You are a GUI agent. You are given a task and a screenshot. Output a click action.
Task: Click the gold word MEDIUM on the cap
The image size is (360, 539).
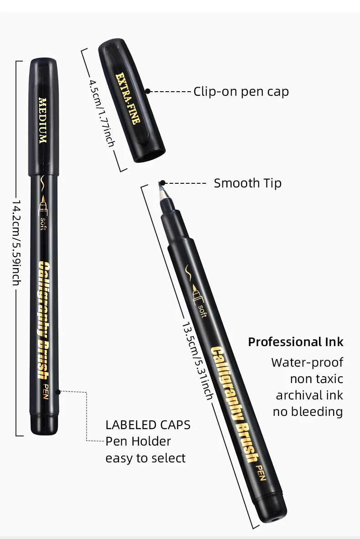click(x=43, y=120)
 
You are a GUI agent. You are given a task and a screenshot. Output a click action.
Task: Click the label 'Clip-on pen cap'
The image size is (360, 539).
click(x=241, y=92)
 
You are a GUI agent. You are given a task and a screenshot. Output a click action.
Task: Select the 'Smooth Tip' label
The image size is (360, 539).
click(x=247, y=183)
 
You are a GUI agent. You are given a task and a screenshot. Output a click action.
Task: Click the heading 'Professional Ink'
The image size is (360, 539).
click(x=296, y=342)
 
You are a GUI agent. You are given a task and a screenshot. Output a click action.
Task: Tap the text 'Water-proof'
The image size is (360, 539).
click(x=307, y=363)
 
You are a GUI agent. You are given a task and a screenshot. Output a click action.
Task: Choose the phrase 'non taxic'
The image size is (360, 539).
click(x=316, y=379)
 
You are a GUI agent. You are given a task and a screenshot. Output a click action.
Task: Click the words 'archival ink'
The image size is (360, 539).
click(x=309, y=395)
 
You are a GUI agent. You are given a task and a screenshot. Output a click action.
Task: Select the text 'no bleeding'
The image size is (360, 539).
click(x=308, y=412)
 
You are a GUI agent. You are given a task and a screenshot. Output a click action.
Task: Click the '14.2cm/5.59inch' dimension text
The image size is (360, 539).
click(x=15, y=242)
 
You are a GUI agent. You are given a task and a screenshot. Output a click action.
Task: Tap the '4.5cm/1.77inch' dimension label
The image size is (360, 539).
click(x=102, y=113)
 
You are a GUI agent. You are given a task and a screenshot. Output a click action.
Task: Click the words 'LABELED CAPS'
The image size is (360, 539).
click(x=148, y=425)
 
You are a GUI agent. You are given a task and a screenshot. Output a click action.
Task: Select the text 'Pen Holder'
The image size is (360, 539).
click(x=138, y=441)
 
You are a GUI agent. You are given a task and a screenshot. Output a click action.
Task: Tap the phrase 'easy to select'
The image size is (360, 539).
click(x=145, y=458)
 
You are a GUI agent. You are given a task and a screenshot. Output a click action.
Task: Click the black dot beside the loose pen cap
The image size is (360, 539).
click(x=148, y=91)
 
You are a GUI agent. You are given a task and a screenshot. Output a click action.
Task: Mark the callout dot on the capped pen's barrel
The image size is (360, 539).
click(x=57, y=391)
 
